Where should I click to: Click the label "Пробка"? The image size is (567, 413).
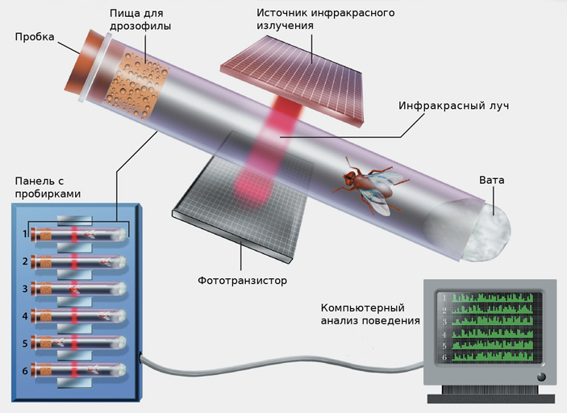(x=34, y=38)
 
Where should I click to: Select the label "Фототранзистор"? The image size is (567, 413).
(x=242, y=281)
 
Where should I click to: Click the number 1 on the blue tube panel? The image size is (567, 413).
(x=25, y=235)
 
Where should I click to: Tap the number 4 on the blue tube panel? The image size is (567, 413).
(x=25, y=315)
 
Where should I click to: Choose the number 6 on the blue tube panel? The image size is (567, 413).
(x=25, y=370)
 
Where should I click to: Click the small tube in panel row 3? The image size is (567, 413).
(x=79, y=289)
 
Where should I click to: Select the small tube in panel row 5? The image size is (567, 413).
(x=79, y=343)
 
